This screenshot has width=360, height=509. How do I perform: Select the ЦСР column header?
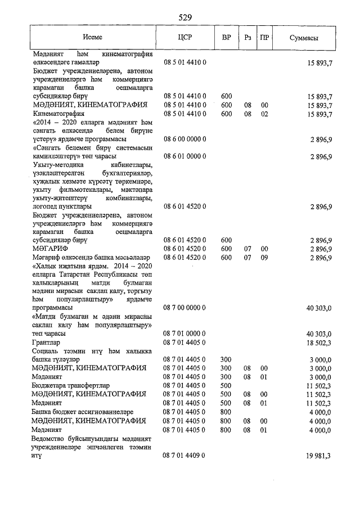coord(186,38)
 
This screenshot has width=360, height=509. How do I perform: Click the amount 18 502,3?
coord(318,342)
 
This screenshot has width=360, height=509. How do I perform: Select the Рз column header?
coord(247,38)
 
